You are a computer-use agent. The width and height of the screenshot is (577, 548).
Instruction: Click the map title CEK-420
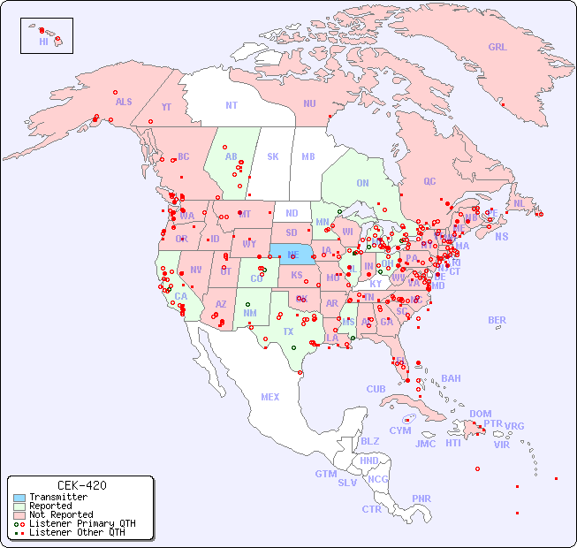82,485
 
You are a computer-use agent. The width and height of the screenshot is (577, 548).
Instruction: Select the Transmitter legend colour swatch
19,498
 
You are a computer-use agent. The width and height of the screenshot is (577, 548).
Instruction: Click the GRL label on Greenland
497,48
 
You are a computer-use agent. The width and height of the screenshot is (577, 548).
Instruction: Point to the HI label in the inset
43,42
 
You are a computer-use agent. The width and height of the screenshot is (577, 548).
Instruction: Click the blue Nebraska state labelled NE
292,254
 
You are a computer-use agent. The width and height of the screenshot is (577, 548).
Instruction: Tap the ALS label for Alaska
124,102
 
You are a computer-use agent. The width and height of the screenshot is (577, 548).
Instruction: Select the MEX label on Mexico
270,397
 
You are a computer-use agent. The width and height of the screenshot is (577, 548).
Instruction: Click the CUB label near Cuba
376,389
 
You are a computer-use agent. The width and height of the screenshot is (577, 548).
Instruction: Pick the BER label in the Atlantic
497,320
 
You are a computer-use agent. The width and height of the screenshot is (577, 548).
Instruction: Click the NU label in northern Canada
309,103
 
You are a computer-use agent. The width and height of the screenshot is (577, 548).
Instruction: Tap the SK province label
273,156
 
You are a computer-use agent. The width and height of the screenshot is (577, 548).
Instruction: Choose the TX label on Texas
288,331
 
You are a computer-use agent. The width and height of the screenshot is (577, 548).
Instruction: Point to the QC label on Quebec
429,181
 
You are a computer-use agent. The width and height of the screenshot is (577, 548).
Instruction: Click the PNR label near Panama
421,499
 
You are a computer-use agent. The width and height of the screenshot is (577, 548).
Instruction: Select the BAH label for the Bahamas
451,378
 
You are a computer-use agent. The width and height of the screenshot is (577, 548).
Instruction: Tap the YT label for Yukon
166,107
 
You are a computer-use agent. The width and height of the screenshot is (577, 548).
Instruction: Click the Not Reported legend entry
61,514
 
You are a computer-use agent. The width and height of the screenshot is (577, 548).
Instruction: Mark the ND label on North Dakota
292,213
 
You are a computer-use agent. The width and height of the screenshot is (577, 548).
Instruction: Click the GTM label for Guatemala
325,474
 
